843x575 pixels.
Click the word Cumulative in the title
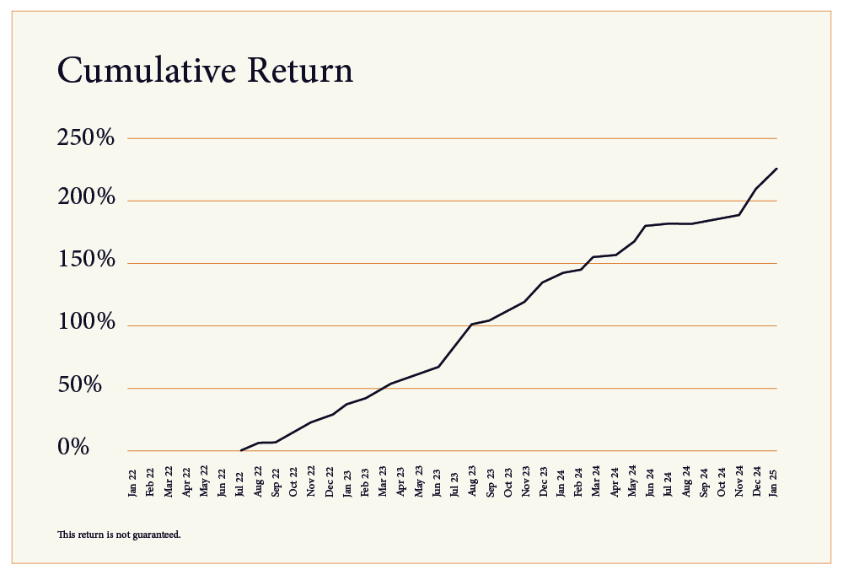[148, 71]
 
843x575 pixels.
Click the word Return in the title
[300, 71]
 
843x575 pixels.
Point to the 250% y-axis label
[85, 138]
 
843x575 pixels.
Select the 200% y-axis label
[85, 201]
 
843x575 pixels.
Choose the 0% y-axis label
[73, 449]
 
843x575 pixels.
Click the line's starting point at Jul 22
[241, 450]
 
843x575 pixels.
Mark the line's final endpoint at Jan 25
[776, 169]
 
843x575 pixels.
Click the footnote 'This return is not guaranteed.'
[119, 535]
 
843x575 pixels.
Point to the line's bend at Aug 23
[472, 324]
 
